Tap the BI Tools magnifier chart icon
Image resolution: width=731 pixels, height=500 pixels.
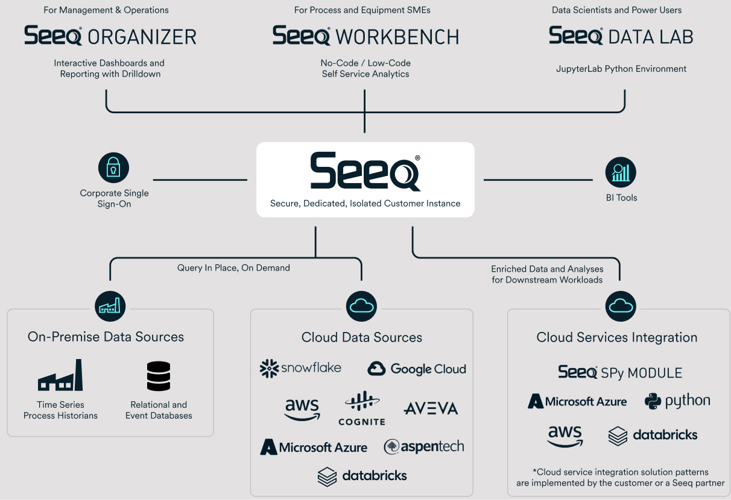(621, 173)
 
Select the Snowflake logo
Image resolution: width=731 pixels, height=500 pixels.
(300, 368)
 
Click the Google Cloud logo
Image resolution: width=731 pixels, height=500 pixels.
(417, 369)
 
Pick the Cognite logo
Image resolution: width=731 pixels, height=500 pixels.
(362, 408)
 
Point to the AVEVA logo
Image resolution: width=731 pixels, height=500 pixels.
(431, 408)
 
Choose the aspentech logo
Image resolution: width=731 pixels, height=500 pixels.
(424, 446)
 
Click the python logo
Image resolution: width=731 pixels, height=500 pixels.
(677, 401)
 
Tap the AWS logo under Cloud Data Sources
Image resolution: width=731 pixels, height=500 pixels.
(302, 410)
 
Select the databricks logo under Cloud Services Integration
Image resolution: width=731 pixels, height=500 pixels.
(653, 435)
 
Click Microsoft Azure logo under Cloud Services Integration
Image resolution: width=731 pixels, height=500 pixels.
(577, 401)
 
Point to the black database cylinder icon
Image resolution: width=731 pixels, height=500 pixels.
(159, 376)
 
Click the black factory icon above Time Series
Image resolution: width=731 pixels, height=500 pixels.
(60, 376)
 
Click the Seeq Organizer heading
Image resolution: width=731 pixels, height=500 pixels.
(110, 36)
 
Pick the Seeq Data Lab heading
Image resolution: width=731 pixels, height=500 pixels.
(621, 36)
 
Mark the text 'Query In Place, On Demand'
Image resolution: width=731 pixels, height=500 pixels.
(233, 267)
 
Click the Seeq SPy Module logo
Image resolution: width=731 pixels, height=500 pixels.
(620, 372)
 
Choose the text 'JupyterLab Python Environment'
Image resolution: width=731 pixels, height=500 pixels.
(621, 69)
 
